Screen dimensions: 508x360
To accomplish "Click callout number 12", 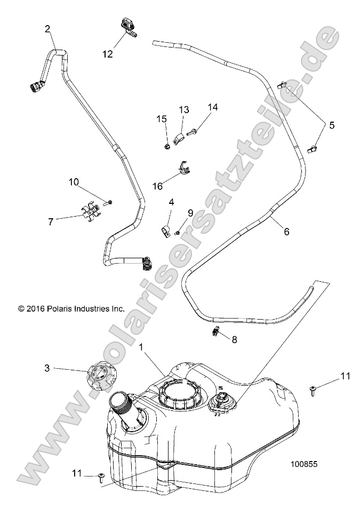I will [108, 54].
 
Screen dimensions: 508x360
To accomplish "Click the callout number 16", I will [157, 186].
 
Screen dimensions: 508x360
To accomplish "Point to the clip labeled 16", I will [183, 168].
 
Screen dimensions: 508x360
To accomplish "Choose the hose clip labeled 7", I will [93, 212].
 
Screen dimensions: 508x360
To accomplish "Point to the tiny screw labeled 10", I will [109, 201].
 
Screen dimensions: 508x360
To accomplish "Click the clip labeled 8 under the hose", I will [215, 334].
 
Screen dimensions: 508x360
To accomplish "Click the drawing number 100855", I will [305, 464].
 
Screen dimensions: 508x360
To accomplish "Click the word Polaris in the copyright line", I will [58, 308].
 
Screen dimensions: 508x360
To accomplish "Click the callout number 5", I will [332, 125].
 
